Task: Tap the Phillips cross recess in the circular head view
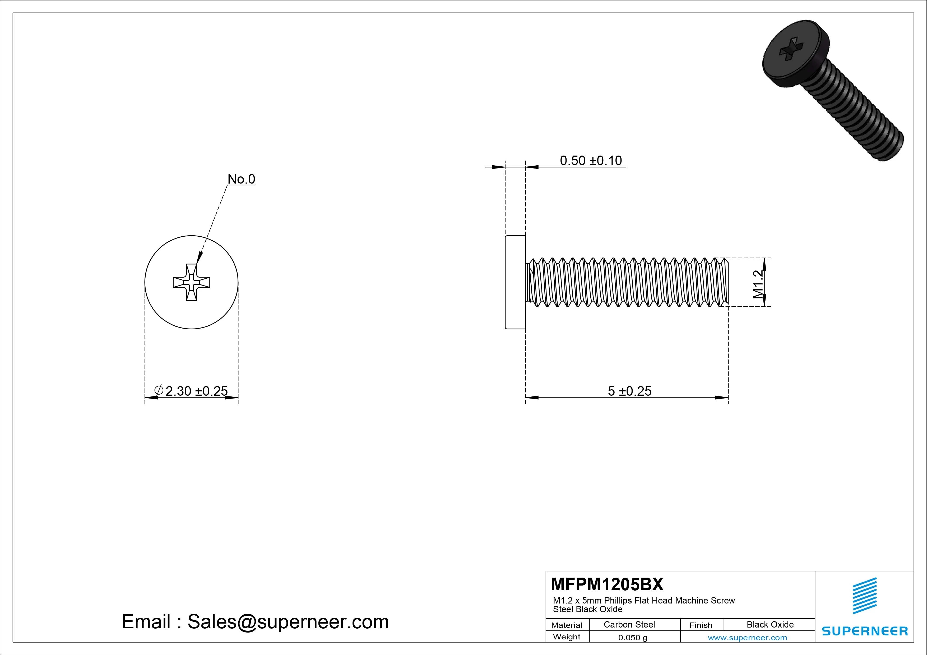click(x=191, y=282)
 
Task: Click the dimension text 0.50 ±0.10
click(x=591, y=161)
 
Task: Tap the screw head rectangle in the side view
click(x=515, y=282)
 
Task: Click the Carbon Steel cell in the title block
click(x=629, y=624)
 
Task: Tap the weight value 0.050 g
click(x=632, y=638)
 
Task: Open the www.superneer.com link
click(x=747, y=638)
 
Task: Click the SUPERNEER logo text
click(x=865, y=631)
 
